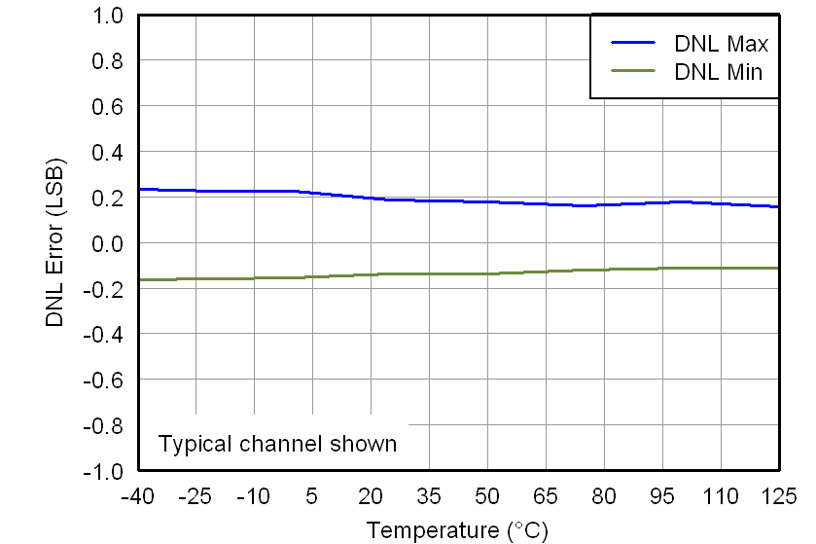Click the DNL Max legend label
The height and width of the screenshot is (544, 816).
(721, 44)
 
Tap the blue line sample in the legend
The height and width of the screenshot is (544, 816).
(635, 43)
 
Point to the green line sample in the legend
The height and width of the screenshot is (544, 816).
(635, 70)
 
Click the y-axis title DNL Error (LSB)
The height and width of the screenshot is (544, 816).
(56, 242)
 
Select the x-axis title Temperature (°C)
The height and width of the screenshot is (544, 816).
(457, 530)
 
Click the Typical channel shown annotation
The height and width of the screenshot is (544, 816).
(277, 444)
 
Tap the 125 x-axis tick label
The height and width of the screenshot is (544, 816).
(779, 497)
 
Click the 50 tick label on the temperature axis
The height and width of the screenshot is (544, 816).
(487, 497)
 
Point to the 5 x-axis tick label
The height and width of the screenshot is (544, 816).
(312, 497)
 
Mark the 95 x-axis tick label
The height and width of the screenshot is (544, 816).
(662, 497)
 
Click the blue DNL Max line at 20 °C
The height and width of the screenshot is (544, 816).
(371, 198)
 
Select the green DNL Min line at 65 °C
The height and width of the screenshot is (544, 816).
(546, 272)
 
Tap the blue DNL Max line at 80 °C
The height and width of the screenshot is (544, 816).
(604, 204)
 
